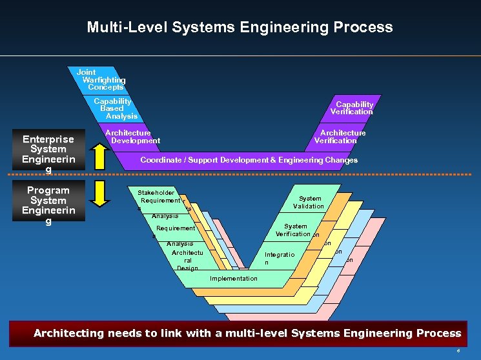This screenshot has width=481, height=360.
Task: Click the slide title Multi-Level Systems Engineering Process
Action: (240, 27)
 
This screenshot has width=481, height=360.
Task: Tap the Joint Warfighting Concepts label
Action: (101, 79)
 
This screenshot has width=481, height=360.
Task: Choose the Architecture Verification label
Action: (340, 137)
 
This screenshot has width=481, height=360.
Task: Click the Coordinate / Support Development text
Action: (249, 160)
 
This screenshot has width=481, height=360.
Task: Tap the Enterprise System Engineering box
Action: (48, 154)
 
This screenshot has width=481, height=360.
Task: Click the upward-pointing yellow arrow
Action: (98, 155)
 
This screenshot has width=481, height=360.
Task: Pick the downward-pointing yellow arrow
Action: (98, 194)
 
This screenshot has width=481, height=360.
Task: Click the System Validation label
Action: (309, 203)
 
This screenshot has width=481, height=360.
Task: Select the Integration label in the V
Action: (279, 258)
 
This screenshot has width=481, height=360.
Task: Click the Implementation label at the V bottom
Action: (234, 279)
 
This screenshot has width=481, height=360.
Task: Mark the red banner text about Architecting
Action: (247, 334)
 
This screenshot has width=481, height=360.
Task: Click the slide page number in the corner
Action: (458, 350)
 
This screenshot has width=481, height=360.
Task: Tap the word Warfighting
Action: (104, 80)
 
